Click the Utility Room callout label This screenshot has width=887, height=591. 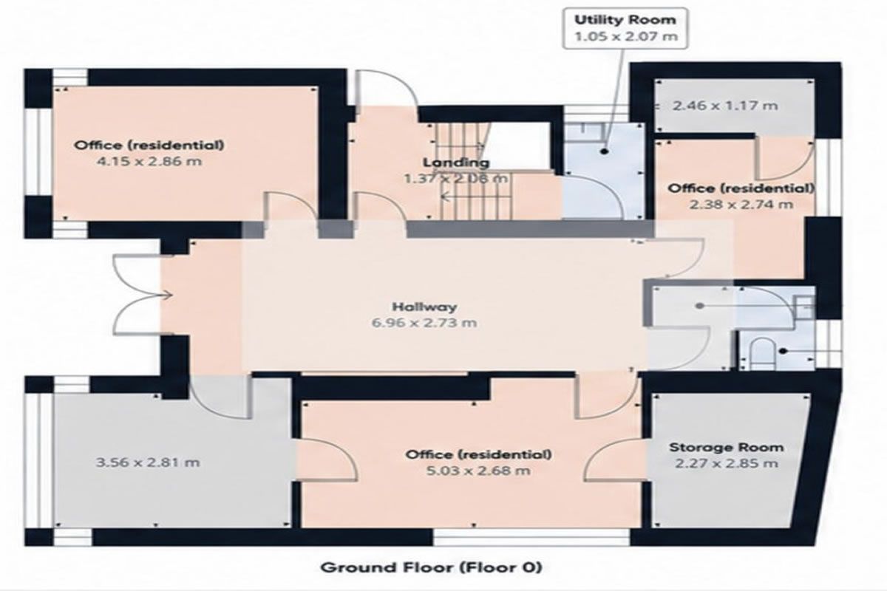[x=625, y=20]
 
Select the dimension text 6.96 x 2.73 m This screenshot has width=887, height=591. [x=424, y=323]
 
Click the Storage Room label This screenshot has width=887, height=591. [x=726, y=447]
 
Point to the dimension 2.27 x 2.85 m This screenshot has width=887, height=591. [x=726, y=463]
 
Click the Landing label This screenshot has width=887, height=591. [x=456, y=163]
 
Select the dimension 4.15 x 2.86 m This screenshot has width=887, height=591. [x=149, y=162]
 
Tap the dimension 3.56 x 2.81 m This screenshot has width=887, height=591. [x=148, y=462]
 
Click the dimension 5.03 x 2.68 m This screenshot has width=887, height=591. [x=478, y=471]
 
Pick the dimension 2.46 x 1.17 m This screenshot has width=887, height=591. [x=725, y=106]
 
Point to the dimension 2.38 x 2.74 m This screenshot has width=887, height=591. [x=741, y=205]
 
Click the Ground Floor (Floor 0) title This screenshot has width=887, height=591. [x=431, y=567]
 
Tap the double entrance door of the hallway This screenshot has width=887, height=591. [x=137, y=295]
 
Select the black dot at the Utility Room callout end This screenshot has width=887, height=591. [x=605, y=151]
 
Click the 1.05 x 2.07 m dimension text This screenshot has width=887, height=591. [x=625, y=37]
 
